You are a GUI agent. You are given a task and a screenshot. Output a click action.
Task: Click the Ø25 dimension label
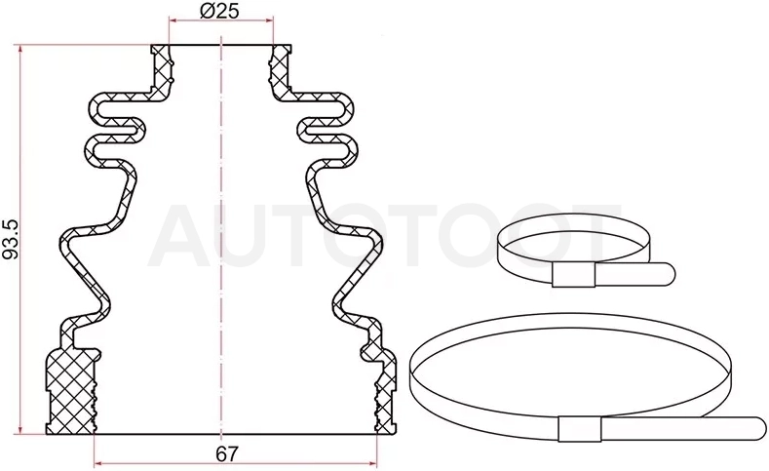tap(219, 10)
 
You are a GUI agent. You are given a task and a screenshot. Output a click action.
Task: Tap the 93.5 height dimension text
tap(10, 240)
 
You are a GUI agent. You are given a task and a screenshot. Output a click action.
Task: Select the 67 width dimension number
tap(226, 454)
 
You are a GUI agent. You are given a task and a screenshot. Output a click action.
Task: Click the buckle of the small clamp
tap(573, 275)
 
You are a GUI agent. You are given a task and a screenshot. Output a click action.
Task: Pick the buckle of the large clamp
tap(580, 429)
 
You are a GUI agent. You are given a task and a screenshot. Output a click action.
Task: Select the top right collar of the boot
tap(280, 71)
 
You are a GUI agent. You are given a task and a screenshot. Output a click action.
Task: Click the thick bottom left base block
tap(71, 391)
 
